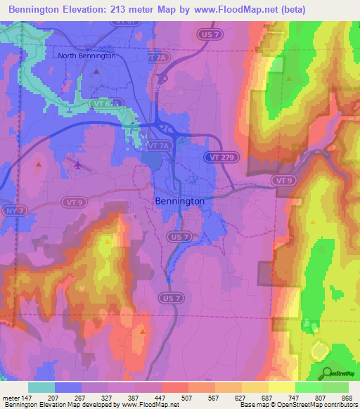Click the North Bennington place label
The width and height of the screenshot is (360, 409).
coord(86,56)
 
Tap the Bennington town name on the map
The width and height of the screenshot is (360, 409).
coord(179,201)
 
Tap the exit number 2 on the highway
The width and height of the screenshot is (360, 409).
coord(160,89)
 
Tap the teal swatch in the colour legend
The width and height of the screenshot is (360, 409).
coord(41,387)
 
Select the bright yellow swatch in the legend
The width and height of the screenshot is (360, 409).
coord(281,387)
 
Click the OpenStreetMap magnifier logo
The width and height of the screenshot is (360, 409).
coord(326,372)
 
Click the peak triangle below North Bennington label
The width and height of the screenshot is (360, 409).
coord(96,71)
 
